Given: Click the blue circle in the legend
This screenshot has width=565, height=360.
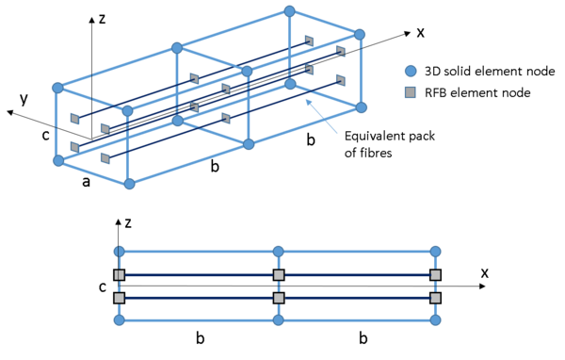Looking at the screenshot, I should pos(411,71).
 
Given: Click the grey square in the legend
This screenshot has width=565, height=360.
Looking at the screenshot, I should pos(411,92).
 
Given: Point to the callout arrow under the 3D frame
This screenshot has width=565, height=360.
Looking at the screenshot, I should pos(321,117).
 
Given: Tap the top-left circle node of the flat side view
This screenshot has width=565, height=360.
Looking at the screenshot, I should pos(120,252).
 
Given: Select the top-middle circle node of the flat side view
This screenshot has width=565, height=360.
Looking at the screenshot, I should pos(278,252).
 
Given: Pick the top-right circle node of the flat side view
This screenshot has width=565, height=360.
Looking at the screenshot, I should pos(435,252).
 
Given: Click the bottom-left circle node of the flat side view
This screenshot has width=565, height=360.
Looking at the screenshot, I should pos(120,320).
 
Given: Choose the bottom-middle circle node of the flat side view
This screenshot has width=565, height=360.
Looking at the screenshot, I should pos(278,320).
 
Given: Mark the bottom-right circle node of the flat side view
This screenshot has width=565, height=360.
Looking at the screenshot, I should pos(435,320).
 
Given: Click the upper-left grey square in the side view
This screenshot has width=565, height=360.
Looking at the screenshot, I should pos(120,275).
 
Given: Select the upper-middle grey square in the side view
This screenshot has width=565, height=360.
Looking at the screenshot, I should pos(278,275).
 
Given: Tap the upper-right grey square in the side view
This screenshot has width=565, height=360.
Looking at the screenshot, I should pos(435,275).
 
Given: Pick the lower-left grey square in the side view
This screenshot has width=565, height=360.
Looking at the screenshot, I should pos(120,298).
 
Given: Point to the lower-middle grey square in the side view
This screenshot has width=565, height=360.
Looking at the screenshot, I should pos(278,298).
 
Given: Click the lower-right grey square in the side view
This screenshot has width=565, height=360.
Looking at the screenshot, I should pos(435,298).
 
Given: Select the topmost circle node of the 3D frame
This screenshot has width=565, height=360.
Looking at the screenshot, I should pos(289,11).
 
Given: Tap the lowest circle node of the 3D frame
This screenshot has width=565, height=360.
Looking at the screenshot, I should pos(129,184).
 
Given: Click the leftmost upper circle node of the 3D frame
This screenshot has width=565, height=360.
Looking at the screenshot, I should pos(57,88).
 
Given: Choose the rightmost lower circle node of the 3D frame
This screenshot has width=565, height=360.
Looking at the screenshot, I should pos(361,107).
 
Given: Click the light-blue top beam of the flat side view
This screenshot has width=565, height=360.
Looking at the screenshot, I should pos(198,252).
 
